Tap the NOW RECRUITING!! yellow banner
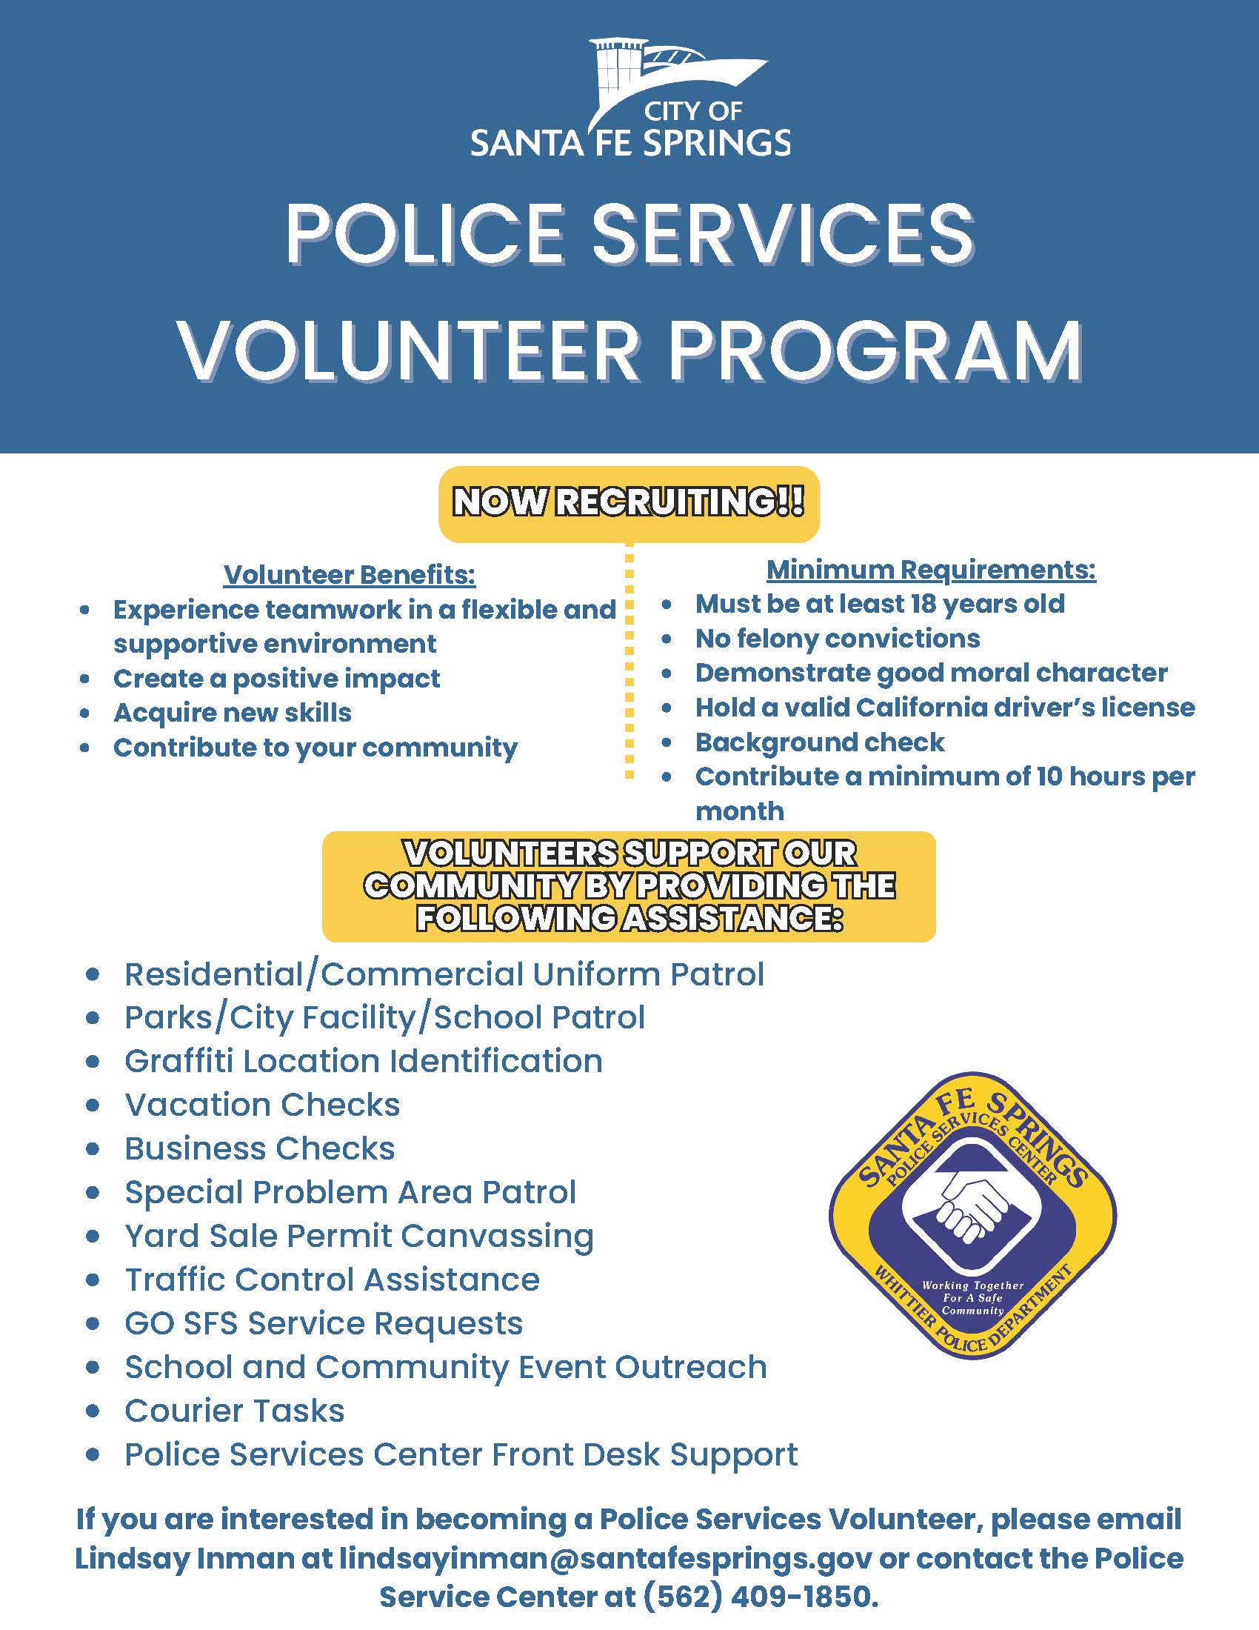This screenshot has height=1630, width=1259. (629, 503)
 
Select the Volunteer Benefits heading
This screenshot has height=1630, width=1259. (349, 575)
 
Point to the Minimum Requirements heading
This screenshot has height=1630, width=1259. (931, 570)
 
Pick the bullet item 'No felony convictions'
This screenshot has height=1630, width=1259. (837, 638)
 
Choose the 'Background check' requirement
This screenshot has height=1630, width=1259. (819, 742)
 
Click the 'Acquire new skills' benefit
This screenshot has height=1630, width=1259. (232, 713)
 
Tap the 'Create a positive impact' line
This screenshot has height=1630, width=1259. (276, 679)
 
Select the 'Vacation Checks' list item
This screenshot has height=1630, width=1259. (261, 1105)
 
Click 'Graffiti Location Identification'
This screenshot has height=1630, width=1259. (363, 1060)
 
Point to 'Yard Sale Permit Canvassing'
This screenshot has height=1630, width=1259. (358, 1236)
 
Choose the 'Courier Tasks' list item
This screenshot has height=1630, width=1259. (234, 1411)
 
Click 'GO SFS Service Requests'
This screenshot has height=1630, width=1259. (324, 1323)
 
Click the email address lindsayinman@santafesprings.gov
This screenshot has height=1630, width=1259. (606, 1558)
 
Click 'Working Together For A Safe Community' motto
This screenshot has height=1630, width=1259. (972, 1298)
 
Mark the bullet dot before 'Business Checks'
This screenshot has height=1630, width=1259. (93, 1149)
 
